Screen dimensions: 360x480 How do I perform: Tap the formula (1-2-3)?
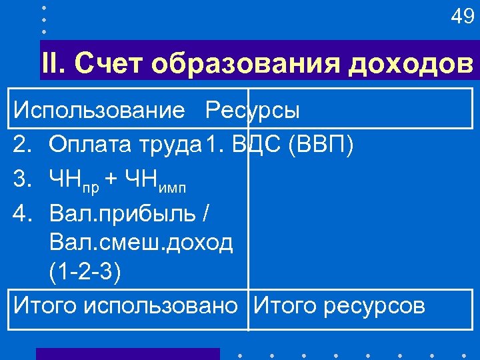(85, 273)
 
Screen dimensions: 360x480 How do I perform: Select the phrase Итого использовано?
(125, 306)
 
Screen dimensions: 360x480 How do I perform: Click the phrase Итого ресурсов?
(338, 306)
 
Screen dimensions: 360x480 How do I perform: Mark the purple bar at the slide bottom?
(127, 354)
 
